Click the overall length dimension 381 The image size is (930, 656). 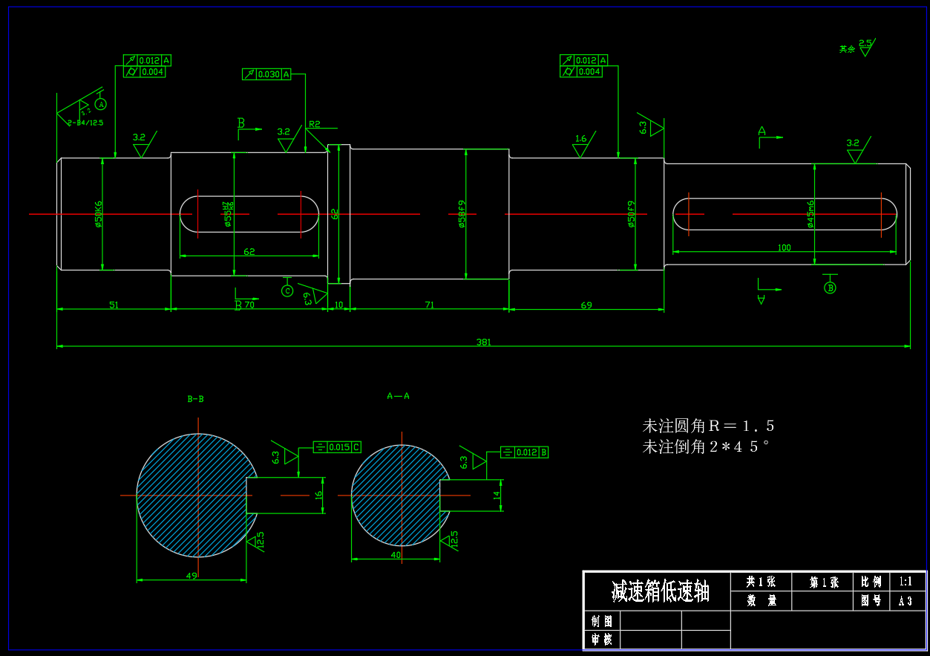tap(483, 342)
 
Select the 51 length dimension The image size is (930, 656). tap(114, 305)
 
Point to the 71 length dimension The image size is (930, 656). tap(429, 305)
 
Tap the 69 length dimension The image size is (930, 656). tap(586, 305)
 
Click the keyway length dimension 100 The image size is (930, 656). tap(784, 247)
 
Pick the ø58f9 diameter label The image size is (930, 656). tap(462, 214)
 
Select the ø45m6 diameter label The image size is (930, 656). tap(811, 213)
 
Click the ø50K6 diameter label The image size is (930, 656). tap(99, 214)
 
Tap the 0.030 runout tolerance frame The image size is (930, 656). tap(266, 74)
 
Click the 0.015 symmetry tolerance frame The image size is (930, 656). tap(338, 446)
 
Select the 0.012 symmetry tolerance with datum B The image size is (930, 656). tap(525, 452)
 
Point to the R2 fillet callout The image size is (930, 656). tap(315, 124)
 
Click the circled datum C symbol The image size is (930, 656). tap(287, 290)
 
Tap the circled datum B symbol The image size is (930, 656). tap(831, 288)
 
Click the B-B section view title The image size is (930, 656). tap(195, 399)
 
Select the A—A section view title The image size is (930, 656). tap(398, 396)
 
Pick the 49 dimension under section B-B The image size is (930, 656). tap(191, 576)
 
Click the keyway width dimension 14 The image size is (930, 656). tap(497, 494)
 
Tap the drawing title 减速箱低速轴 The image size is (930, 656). tap(660, 592)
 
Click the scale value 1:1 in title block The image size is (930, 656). tap(906, 582)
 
